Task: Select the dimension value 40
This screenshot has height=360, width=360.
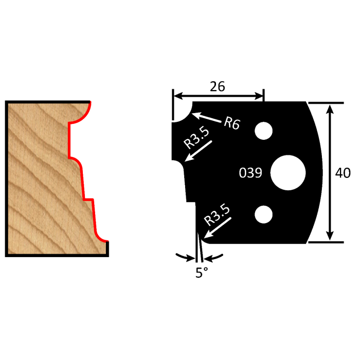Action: [x=343, y=173]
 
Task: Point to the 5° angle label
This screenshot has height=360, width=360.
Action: [x=201, y=272]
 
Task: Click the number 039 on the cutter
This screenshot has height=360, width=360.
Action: [x=251, y=173]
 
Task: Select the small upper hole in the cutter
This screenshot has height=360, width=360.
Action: [x=264, y=131]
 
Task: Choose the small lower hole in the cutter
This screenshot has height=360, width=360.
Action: [x=264, y=214]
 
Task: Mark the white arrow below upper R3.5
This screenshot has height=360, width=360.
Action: [x=198, y=152]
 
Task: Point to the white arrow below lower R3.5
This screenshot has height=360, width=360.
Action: [x=215, y=229]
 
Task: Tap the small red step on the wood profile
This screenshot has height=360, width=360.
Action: [x=88, y=199]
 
